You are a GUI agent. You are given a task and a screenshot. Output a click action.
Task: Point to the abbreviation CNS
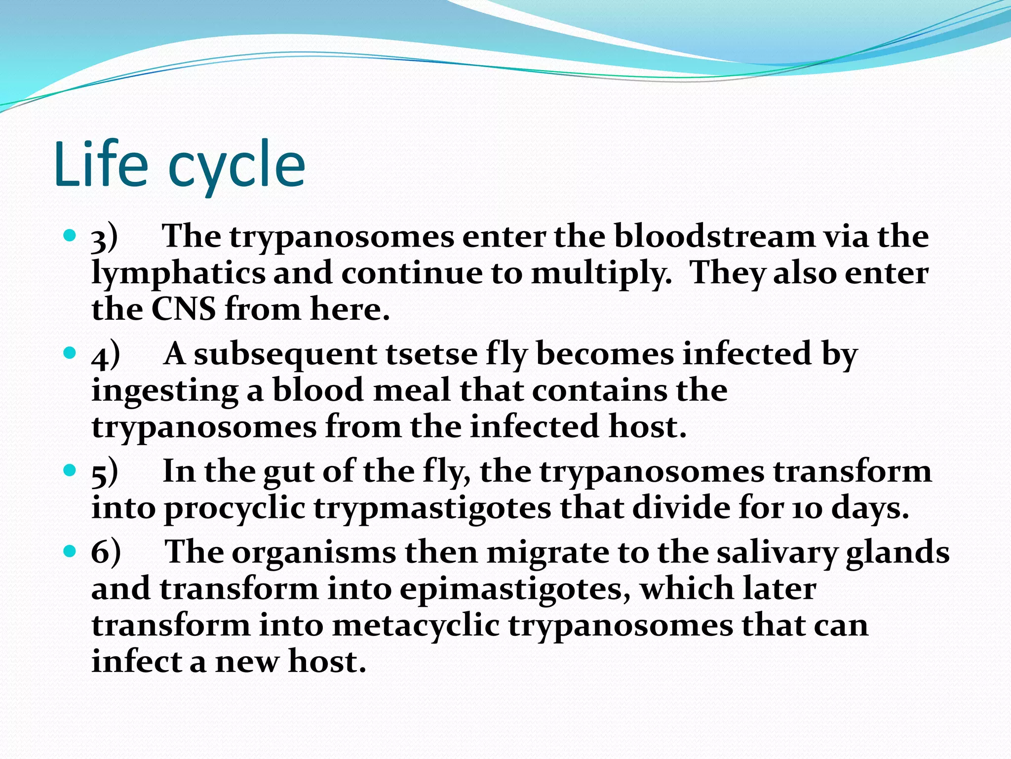click(183, 310)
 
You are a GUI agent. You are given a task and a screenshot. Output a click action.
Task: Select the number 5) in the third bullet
click(105, 472)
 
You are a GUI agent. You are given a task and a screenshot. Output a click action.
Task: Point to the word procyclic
click(234, 509)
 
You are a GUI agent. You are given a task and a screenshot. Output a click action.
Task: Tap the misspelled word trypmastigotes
click(432, 509)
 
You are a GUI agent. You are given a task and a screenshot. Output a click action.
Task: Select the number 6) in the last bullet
click(106, 552)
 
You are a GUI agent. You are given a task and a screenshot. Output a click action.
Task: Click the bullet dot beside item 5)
click(71, 469)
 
